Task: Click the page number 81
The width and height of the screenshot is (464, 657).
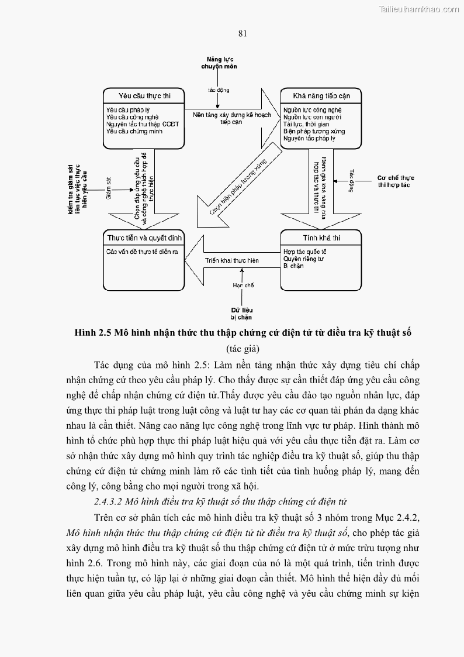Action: coord(243,33)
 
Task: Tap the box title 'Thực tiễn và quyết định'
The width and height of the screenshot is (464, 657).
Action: coord(144,238)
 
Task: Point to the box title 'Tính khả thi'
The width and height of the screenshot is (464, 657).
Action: coord(321,238)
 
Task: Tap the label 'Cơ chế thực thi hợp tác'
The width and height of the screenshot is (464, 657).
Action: coord(396,180)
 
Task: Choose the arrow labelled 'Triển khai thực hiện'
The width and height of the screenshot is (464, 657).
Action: coord(231,260)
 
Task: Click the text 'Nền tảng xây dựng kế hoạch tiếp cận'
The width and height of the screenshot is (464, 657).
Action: coord(232,119)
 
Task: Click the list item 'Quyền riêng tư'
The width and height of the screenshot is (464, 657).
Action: coord(304,258)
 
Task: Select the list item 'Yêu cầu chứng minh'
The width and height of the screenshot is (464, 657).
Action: coord(134,131)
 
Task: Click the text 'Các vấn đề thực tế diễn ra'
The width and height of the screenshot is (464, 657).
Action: coord(141,252)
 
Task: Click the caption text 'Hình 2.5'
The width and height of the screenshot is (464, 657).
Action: coord(94,333)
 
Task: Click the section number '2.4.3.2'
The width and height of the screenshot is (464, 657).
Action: coord(111,501)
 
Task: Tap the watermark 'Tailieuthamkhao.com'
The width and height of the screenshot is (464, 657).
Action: coord(419,9)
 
